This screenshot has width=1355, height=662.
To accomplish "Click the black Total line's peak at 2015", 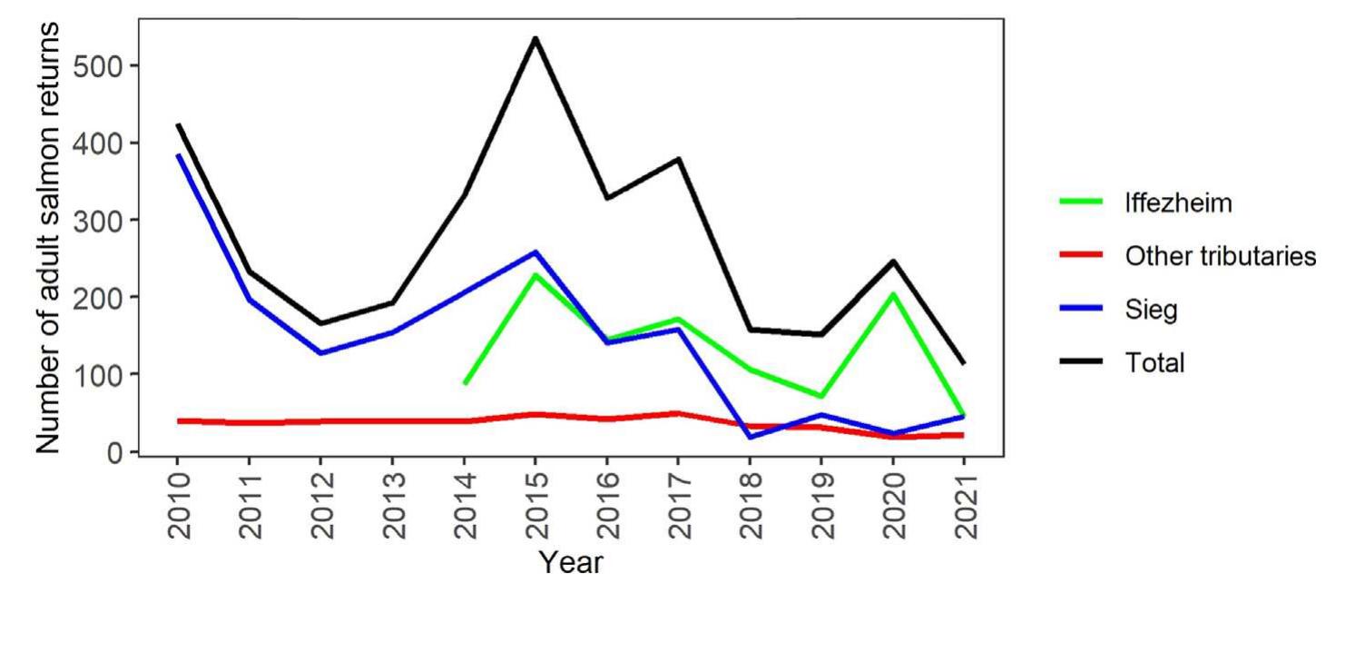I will pyautogui.click(x=535, y=38).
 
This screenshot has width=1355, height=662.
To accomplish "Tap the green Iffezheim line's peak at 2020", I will pyautogui.click(x=893, y=294).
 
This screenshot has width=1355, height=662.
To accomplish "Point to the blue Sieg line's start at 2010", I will pyautogui.click(x=179, y=155).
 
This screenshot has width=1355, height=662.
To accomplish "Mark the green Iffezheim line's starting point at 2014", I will pyautogui.click(x=465, y=383).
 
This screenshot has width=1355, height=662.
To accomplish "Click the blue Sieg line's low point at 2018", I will pyautogui.click(x=751, y=438).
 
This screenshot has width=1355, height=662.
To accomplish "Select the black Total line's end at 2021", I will pyautogui.click(x=964, y=363).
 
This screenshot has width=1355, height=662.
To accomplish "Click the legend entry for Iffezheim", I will pyautogui.click(x=1178, y=203).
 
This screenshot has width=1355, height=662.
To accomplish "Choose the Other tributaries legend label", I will pyautogui.click(x=1220, y=256).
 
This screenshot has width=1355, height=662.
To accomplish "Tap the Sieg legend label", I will pyautogui.click(x=1151, y=310).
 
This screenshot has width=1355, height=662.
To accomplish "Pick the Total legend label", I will pyautogui.click(x=1154, y=363).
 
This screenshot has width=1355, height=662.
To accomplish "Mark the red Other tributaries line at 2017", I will pyautogui.click(x=679, y=413).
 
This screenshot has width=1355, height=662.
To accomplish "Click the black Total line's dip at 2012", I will pyautogui.click(x=321, y=323).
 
